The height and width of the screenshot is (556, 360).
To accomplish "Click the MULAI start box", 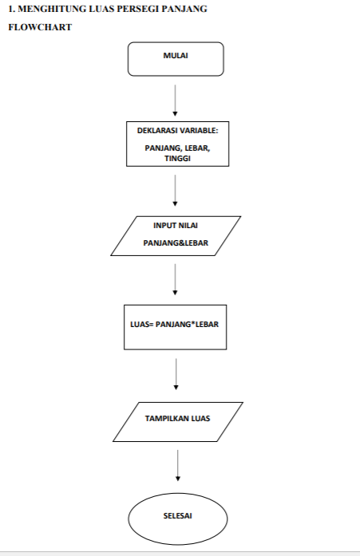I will tap(176, 58).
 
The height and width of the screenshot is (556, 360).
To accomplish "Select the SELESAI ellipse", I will tap(177, 515).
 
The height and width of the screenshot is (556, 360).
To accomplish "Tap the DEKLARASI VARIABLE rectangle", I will tap(177, 144).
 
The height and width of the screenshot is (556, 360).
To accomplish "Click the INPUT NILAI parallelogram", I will tap(176, 235).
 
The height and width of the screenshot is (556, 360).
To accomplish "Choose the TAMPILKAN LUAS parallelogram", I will tap(177, 421).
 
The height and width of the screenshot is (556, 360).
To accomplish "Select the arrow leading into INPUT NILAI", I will tap(175, 191).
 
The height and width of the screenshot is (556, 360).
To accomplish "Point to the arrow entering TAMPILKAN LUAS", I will tap(176, 375).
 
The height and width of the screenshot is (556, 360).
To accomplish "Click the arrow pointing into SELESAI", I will tap(177, 466).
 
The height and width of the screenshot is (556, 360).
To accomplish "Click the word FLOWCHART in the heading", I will tap(40, 27).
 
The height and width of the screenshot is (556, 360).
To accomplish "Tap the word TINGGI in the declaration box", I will tap(177, 158).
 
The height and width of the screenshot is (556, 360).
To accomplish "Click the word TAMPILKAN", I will tap(163, 416).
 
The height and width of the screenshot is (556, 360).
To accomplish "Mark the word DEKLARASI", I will tap(156, 130).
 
